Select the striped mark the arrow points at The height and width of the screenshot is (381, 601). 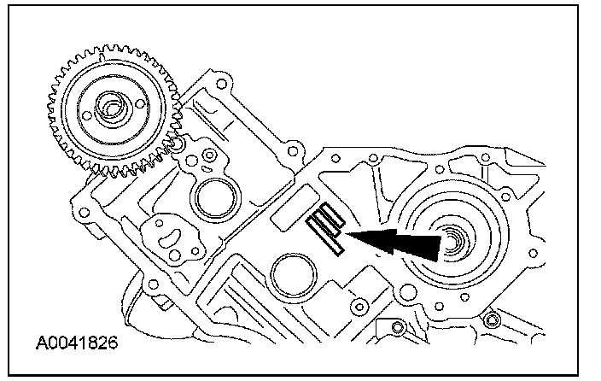325,229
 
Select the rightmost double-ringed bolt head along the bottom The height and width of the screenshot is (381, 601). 490,322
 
